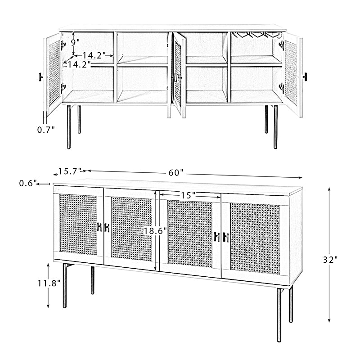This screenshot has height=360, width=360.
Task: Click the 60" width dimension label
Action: tap(176, 173)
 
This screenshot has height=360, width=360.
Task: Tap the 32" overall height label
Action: tap(330, 260)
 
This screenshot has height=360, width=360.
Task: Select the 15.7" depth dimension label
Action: tap(70, 171)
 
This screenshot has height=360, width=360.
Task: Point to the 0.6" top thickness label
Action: tap(28, 183)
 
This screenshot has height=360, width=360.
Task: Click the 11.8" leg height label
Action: tap(49, 283)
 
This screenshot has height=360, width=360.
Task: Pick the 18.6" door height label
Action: tap(155, 230)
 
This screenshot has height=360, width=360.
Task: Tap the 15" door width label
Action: tap(188, 195)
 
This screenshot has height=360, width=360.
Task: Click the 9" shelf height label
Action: tap(75, 42)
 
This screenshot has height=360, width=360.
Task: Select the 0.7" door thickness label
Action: tap(46, 130)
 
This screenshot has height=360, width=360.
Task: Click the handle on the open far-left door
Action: tap(41, 76)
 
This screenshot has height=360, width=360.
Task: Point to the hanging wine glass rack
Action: tap(256, 35)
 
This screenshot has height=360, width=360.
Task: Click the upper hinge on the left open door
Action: tap(63, 45)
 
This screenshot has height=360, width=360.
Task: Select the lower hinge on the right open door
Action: tap(282, 88)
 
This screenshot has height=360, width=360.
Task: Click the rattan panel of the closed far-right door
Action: tap(255, 238)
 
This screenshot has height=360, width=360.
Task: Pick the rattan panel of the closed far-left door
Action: tap(78, 225)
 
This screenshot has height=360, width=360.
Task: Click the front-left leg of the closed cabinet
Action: tap(65, 285)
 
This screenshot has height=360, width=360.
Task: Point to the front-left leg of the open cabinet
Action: tap(69, 127)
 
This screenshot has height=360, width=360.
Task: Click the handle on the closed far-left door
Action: tap(99, 227)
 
